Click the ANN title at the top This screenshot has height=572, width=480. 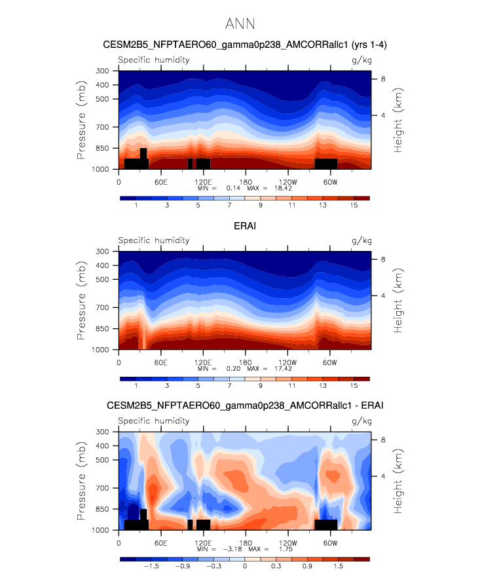coord(240,24)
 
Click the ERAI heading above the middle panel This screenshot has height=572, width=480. coord(245,226)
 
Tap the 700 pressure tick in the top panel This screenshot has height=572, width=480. coord(102,127)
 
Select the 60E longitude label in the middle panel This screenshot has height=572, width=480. coord(160,362)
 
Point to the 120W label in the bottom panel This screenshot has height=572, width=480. coord(288,543)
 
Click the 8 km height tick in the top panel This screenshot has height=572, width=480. coord(383,79)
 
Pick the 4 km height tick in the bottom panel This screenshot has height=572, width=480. coord(383,476)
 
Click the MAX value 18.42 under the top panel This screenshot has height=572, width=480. coord(283,188)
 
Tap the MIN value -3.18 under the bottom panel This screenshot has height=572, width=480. coord(232,549)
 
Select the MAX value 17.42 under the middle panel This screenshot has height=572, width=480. coord(283,368)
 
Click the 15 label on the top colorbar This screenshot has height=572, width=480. coord(354,205)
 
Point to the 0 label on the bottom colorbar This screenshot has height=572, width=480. coord(245,566)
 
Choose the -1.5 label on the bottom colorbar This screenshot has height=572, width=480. coord(151,566)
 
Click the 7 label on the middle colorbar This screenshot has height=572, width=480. coord(229,385)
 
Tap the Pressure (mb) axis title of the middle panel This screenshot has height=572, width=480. coord(81,301)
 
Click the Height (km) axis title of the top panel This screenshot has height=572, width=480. coord(397,120)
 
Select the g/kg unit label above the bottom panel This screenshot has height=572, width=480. coord(361,421)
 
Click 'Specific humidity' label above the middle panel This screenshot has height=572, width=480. coord(154,240)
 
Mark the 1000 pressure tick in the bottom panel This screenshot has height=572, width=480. coord(100,530)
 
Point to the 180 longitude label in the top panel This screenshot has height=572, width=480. coord(246,182)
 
